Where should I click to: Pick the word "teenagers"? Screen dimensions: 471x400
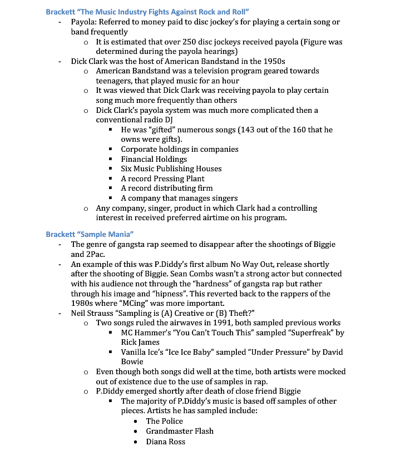[x=118, y=81]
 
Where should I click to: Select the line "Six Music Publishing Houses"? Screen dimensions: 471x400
[x=171, y=168]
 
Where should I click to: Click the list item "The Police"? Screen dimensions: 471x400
[x=164, y=421]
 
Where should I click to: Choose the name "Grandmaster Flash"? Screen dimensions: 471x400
[x=180, y=431]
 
